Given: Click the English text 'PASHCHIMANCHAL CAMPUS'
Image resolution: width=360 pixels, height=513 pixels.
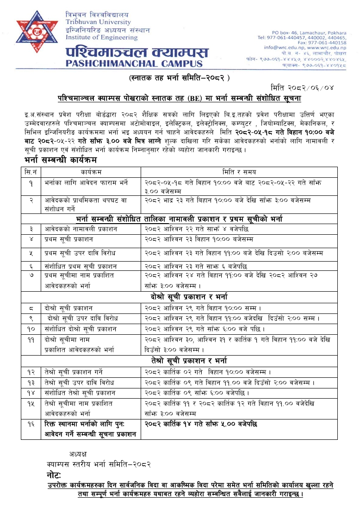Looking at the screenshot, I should pyautogui.click(x=134, y=63).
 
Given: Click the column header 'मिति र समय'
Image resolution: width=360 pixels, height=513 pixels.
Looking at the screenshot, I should pyautogui.click(x=238, y=172).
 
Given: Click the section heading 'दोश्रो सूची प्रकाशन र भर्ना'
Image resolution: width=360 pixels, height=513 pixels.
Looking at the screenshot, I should pyautogui.click(x=189, y=296).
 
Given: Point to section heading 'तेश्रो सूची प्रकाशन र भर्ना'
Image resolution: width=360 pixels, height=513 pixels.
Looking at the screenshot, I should pyautogui.click(x=189, y=361).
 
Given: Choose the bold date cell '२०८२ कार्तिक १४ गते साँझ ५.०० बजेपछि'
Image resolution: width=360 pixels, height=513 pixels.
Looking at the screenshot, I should pyautogui.click(x=201, y=424).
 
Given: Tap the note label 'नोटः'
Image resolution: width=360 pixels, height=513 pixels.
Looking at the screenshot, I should pyautogui.click(x=54, y=475).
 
